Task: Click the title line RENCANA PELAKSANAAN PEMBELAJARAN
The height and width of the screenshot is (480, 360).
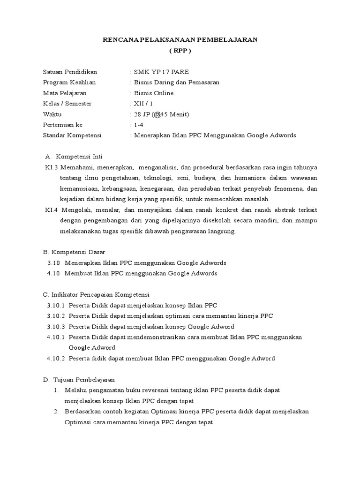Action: pos(180,40)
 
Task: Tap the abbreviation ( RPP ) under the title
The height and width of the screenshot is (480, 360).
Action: pos(180,51)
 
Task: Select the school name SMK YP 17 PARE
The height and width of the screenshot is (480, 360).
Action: pos(162,72)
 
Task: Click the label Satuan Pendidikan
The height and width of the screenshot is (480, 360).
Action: pos(70,72)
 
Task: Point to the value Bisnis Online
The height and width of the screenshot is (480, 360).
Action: pos(154,93)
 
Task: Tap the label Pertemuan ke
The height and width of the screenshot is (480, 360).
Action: pos(62,125)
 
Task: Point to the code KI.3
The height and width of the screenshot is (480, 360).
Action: pos(49,167)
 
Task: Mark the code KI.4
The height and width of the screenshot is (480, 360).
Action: pos(49,210)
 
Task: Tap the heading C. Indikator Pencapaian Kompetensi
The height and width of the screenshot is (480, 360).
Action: pos(96,294)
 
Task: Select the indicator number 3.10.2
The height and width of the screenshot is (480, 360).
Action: pos(56,315)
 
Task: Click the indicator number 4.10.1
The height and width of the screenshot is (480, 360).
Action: pos(56,337)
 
